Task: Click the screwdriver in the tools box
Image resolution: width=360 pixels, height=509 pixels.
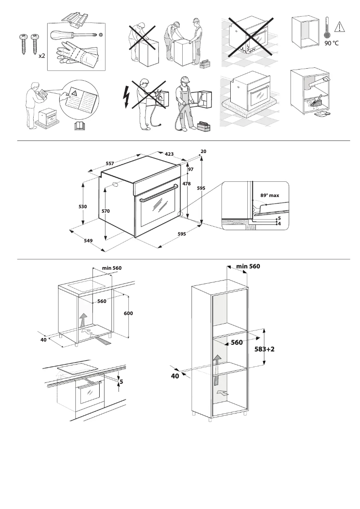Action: point(74,35)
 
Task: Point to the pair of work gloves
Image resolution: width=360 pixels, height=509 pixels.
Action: point(77,55)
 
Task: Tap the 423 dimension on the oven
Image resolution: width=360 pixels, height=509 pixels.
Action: point(169,154)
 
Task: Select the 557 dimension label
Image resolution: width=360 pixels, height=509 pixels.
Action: point(110,164)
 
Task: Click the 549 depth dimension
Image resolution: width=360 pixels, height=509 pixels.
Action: point(88,241)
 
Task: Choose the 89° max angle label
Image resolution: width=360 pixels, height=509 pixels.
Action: point(270,195)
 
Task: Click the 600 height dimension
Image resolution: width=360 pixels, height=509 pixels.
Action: point(128,313)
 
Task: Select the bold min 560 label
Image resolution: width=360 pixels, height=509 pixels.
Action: point(248,266)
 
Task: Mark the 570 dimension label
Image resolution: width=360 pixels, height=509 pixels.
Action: point(105,211)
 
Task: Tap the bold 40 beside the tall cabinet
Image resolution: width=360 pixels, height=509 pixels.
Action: point(175,376)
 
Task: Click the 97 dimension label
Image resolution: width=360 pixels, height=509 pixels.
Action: point(191,169)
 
